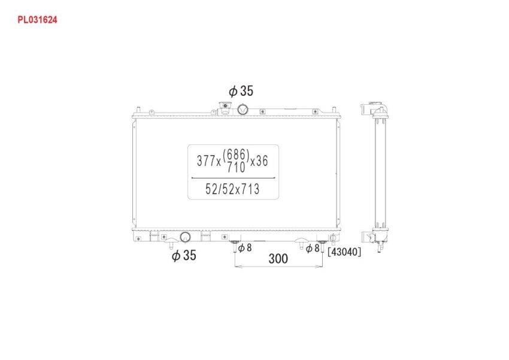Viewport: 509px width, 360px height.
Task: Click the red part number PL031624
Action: (37, 20)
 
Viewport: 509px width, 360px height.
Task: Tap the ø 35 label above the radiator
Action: (241, 91)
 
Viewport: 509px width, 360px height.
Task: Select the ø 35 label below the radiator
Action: (184, 255)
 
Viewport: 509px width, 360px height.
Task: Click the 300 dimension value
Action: (278, 258)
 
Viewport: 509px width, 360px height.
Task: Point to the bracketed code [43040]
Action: (344, 252)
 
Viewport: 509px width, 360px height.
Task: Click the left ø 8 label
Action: (245, 248)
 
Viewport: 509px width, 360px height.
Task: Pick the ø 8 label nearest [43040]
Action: (313, 249)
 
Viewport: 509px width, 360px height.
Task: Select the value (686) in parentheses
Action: (236, 155)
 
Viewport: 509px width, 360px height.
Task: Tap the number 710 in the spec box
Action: (236, 168)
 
